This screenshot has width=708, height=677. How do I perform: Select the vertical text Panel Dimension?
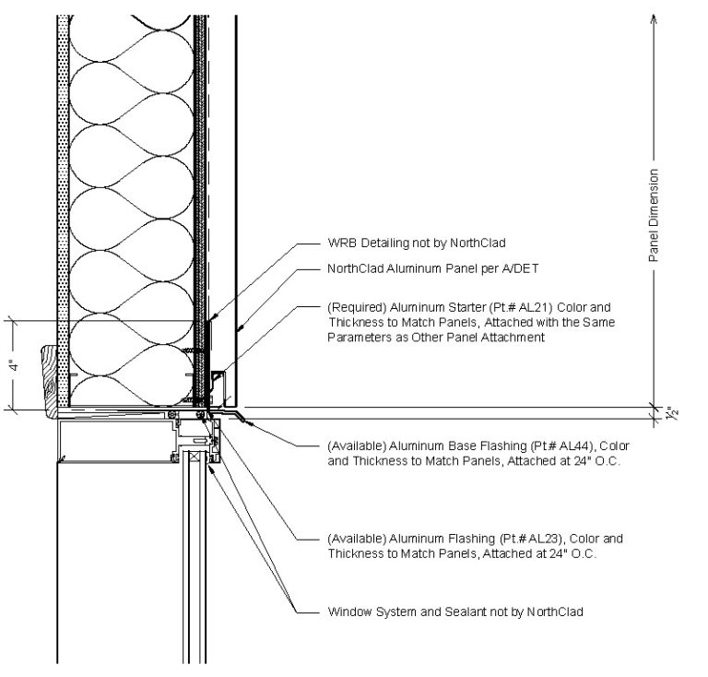(x=654, y=216)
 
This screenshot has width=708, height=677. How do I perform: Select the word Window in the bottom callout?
(x=348, y=612)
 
